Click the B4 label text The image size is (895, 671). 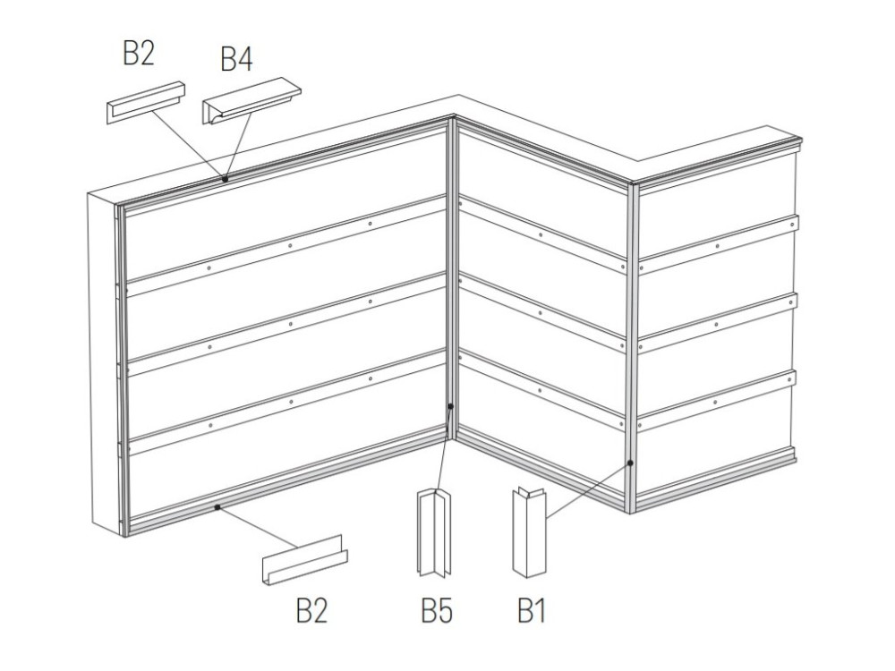click(236, 59)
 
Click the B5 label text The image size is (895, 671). click(437, 610)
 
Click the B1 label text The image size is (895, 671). click(532, 610)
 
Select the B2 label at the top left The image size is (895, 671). click(139, 53)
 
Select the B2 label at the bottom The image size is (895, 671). click(311, 610)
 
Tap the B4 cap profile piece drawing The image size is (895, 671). click(251, 100)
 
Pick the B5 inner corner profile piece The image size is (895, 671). click(434, 531)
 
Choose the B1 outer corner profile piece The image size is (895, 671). click(529, 531)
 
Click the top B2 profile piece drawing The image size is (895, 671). click(146, 102)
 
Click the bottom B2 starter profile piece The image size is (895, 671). click(305, 560)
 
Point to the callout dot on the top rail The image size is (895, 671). click(226, 179)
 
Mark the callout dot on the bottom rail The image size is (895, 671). click(217, 506)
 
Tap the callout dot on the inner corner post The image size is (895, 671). click(450, 406)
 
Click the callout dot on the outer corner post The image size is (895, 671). click(630, 463)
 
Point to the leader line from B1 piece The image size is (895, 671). click(588, 490)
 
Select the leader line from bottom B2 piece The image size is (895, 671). click(257, 528)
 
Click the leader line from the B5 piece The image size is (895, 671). click(444, 449)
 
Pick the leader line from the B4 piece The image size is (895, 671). click(239, 145)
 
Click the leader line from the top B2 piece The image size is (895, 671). click(188, 145)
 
